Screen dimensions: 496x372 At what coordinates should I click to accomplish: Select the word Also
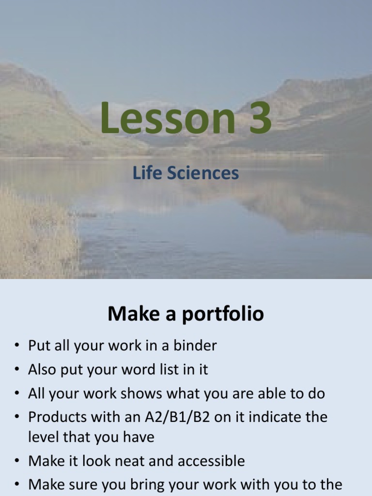click(x=42, y=370)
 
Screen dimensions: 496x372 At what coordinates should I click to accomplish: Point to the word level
click(x=42, y=437)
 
